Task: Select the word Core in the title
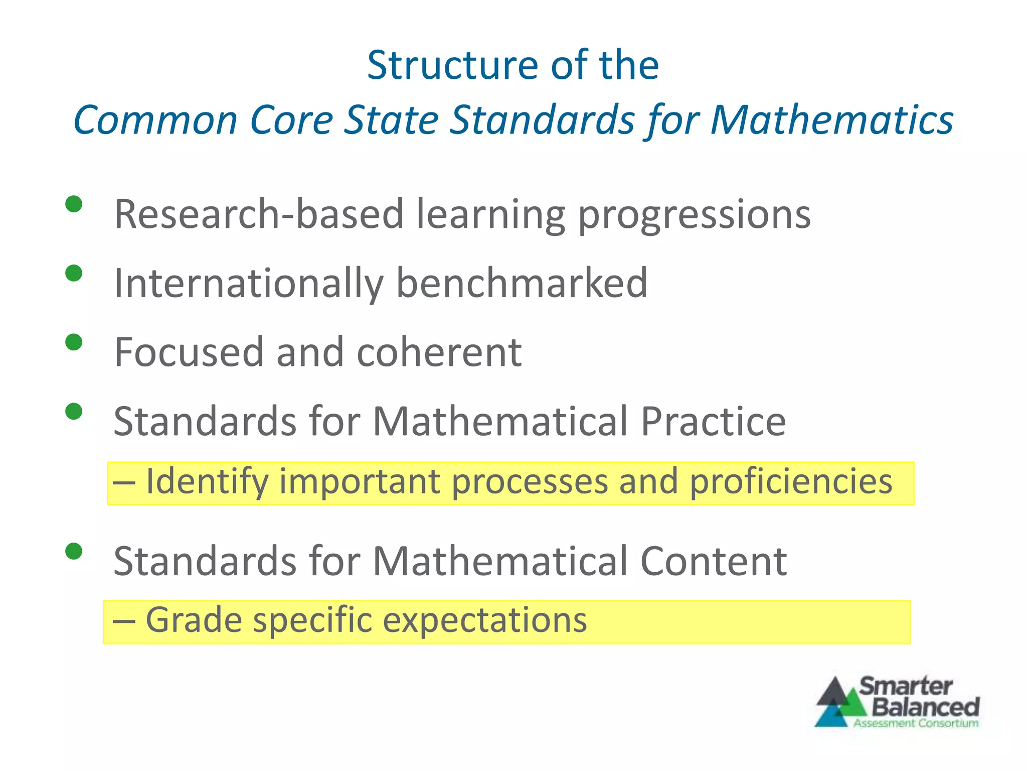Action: (x=291, y=120)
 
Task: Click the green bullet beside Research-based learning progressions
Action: (x=74, y=204)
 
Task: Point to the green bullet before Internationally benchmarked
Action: (x=74, y=273)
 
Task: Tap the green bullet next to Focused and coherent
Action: (x=74, y=342)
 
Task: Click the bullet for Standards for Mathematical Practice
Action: (x=74, y=412)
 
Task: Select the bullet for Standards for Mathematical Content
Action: (x=74, y=551)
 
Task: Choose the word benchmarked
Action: (x=522, y=283)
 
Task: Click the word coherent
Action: (x=439, y=352)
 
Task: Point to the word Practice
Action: (x=713, y=421)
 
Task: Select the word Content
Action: (x=713, y=561)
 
